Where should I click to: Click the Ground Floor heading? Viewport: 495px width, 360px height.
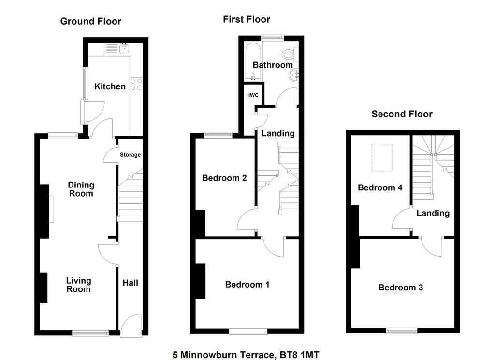click(x=90, y=21)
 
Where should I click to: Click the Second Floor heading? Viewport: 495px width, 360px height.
click(x=402, y=114)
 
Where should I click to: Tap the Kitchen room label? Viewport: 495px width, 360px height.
click(x=110, y=86)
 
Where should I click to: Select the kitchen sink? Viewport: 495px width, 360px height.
click(x=125, y=49)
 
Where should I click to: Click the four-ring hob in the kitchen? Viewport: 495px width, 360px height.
click(x=136, y=84)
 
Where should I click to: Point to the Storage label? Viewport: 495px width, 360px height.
click(x=130, y=155)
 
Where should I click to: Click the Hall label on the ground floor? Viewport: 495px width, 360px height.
click(x=131, y=283)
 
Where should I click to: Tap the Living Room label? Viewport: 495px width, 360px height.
click(x=79, y=285)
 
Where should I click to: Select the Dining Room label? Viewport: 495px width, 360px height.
click(x=81, y=189)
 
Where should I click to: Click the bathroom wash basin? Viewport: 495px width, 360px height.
click(x=293, y=75)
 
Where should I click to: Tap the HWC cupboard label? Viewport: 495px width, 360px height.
click(x=252, y=95)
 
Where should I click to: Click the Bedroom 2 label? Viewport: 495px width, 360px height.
click(x=224, y=178)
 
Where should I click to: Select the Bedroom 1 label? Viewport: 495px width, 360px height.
click(x=247, y=285)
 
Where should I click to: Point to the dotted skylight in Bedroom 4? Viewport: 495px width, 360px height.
click(x=382, y=158)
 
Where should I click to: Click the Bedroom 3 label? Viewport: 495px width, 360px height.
click(x=401, y=288)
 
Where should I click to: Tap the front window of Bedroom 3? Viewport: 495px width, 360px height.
click(x=402, y=331)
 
